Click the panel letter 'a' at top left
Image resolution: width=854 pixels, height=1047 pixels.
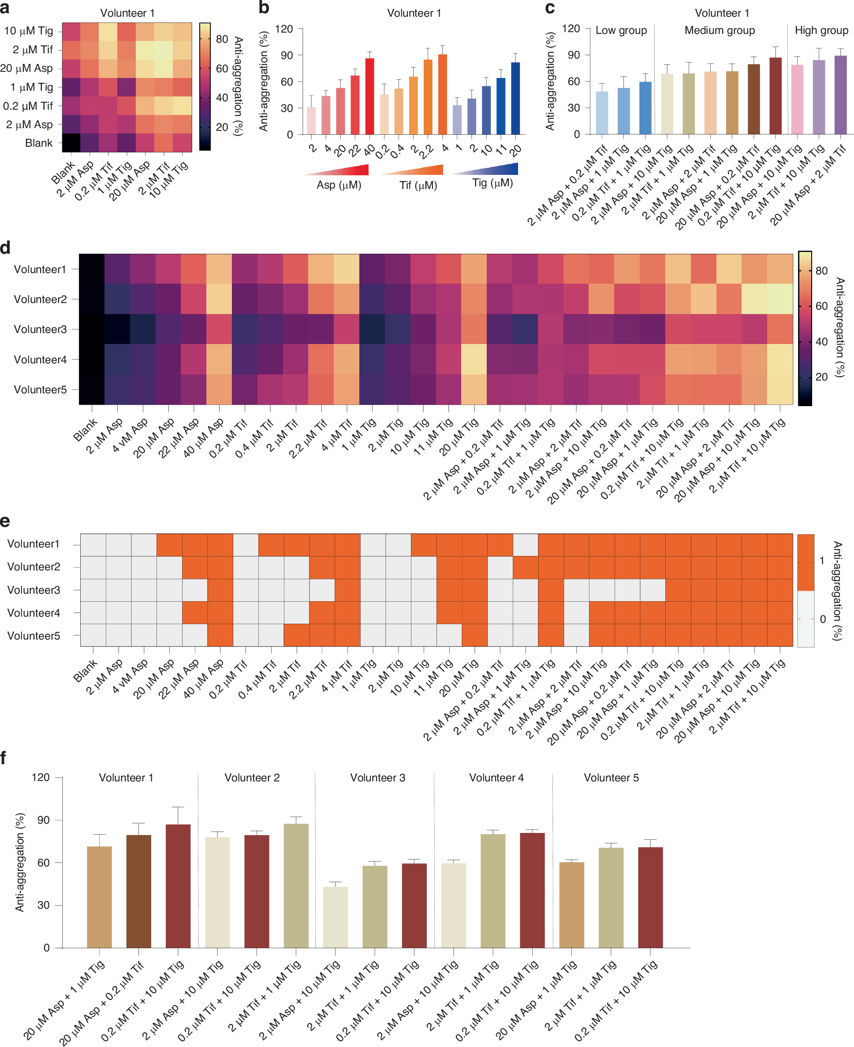click(5, 8)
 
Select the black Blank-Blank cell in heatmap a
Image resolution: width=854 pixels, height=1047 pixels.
click(71, 143)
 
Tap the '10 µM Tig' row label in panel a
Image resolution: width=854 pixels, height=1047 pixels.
click(29, 31)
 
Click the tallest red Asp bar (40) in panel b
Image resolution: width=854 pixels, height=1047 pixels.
click(369, 96)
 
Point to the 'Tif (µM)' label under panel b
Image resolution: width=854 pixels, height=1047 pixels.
click(418, 185)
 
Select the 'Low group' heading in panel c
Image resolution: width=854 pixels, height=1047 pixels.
click(621, 30)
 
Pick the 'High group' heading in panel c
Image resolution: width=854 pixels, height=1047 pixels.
click(821, 30)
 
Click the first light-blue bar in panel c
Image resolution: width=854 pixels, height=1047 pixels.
click(602, 113)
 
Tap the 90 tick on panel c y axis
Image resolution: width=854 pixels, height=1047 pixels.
click(574, 55)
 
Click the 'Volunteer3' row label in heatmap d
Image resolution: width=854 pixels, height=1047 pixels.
click(40, 329)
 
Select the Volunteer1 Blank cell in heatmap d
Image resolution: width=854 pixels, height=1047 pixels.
click(92, 269)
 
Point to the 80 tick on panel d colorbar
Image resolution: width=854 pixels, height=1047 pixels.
click(821, 271)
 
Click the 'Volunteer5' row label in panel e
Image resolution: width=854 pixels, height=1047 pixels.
click(34, 636)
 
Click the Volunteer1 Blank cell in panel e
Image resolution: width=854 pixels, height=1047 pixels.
click(93, 544)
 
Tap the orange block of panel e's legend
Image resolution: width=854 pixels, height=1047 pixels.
click(806, 562)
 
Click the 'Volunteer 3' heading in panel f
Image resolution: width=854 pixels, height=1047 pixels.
click(377, 777)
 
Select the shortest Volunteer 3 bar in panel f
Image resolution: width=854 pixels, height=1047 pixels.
click(336, 917)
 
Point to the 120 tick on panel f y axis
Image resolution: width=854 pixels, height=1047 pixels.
click(40, 777)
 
